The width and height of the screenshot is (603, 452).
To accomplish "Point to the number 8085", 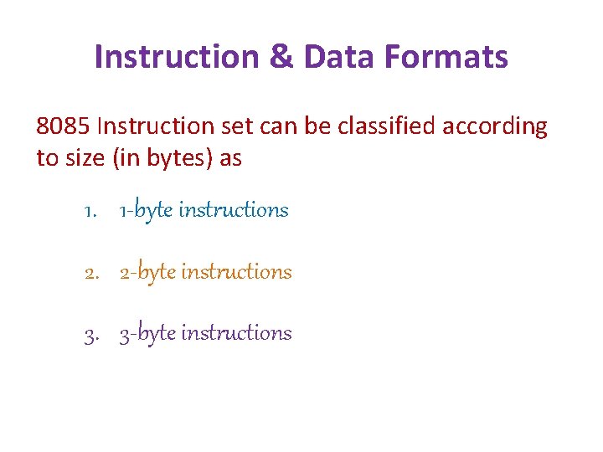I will pyautogui.click(x=64, y=126).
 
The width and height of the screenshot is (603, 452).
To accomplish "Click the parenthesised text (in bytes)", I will pyautogui.click(x=162, y=158).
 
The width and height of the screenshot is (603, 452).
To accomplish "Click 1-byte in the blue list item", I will pyautogui.click(x=145, y=211).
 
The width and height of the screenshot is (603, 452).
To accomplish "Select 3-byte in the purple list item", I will pyautogui.click(x=147, y=334).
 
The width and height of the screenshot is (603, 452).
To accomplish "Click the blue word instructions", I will pyautogui.click(x=233, y=210).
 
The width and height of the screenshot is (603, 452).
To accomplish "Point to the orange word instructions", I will pyautogui.click(x=236, y=272).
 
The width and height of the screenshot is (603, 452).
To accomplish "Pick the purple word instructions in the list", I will pyautogui.click(x=236, y=333).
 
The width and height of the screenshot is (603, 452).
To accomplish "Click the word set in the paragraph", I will pyautogui.click(x=237, y=126).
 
